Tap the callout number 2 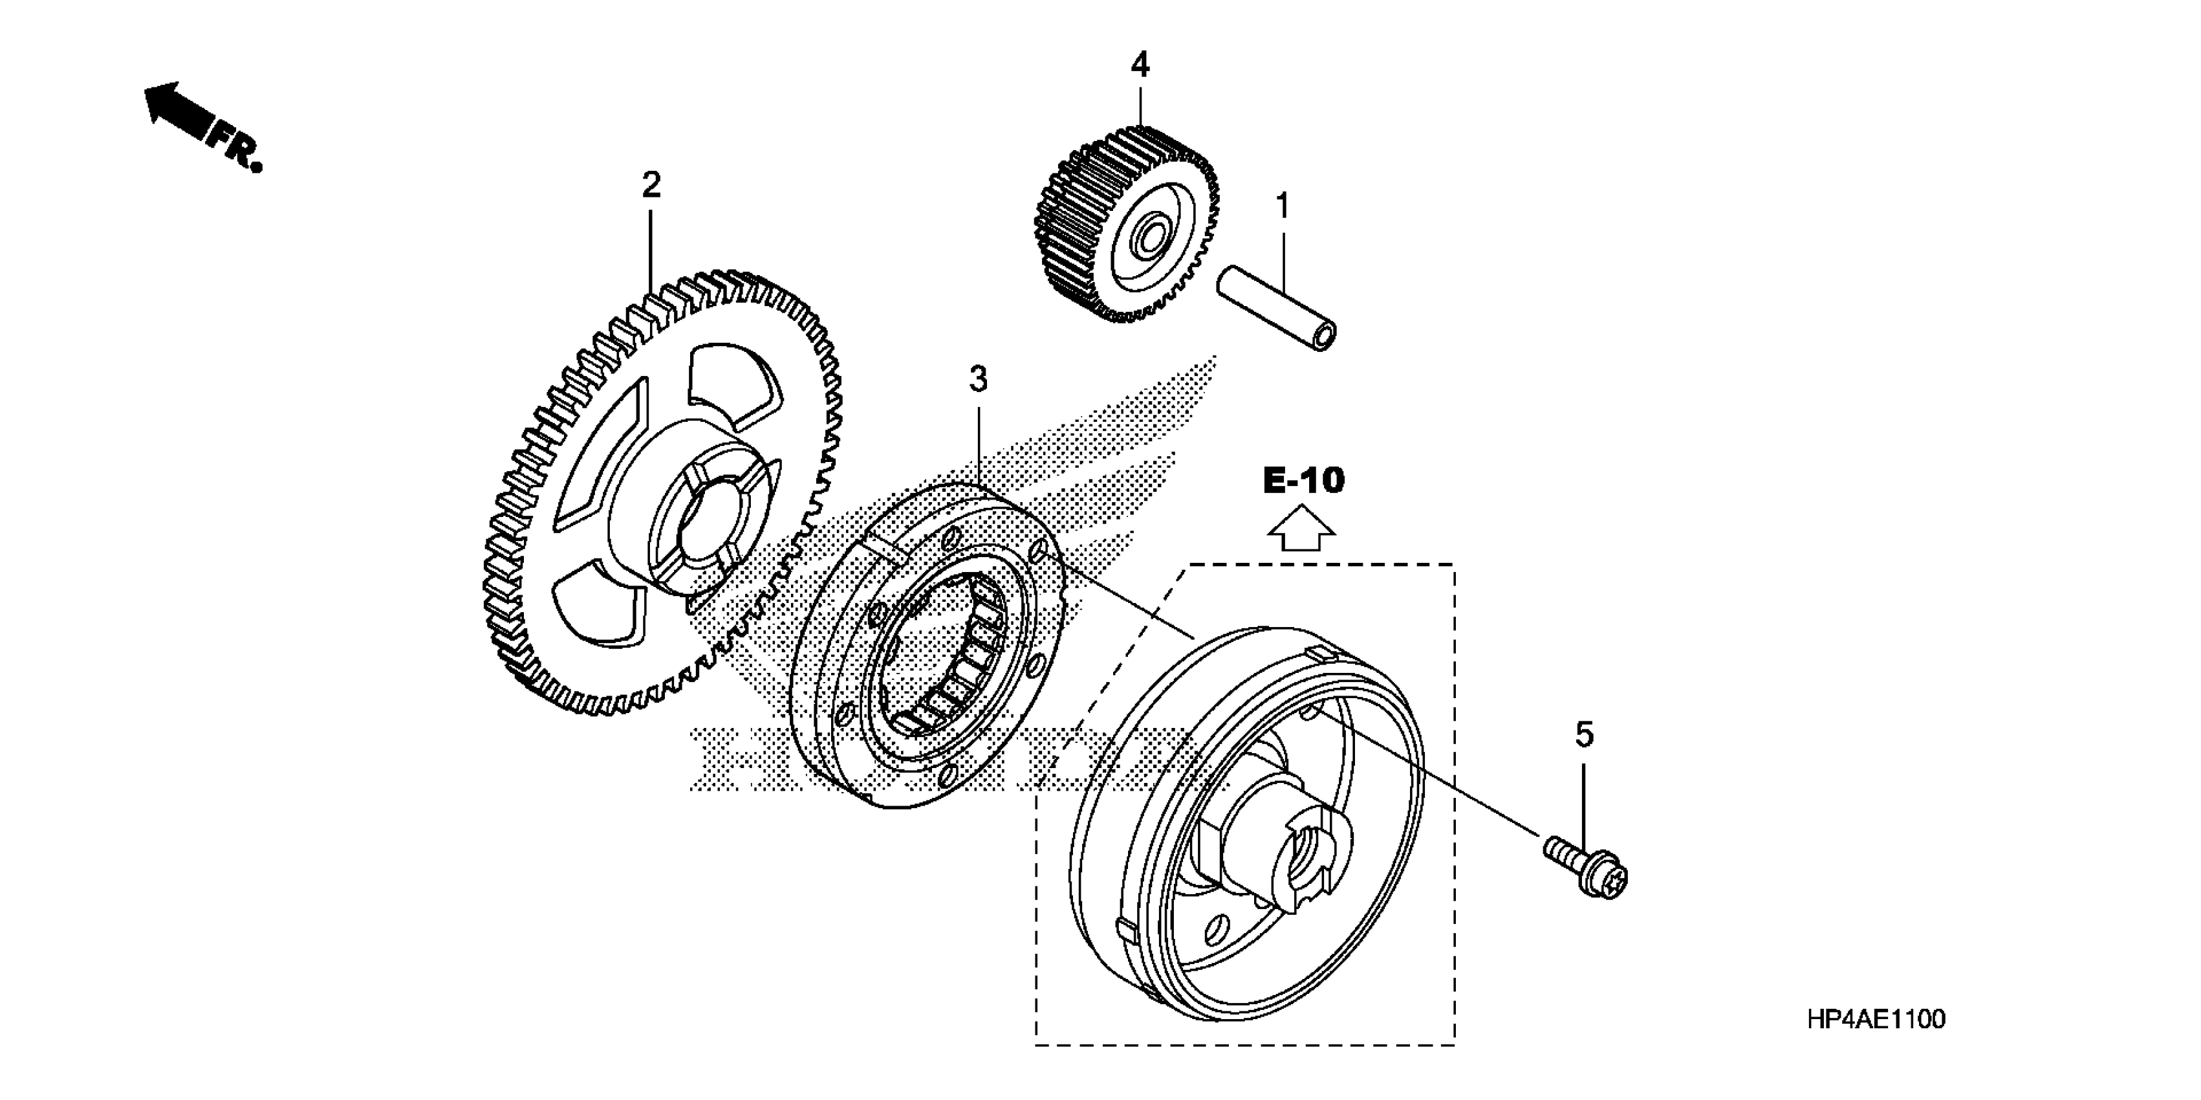coord(651,184)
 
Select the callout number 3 coord(979,379)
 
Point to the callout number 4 coord(1141,65)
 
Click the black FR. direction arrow coord(179,111)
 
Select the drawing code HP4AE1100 coord(1876,1020)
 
